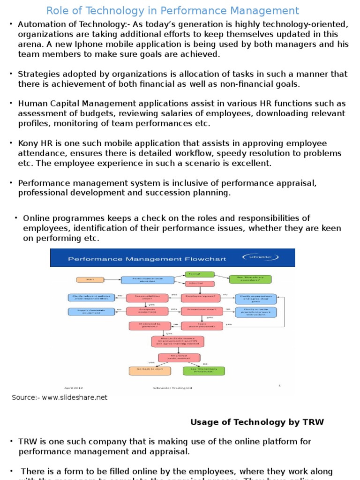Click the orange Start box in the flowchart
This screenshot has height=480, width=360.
90,279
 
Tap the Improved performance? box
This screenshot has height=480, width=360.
179,357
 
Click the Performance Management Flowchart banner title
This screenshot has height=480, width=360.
147,259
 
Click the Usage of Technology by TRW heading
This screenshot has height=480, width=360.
257,422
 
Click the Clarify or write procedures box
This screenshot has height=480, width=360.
255,312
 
